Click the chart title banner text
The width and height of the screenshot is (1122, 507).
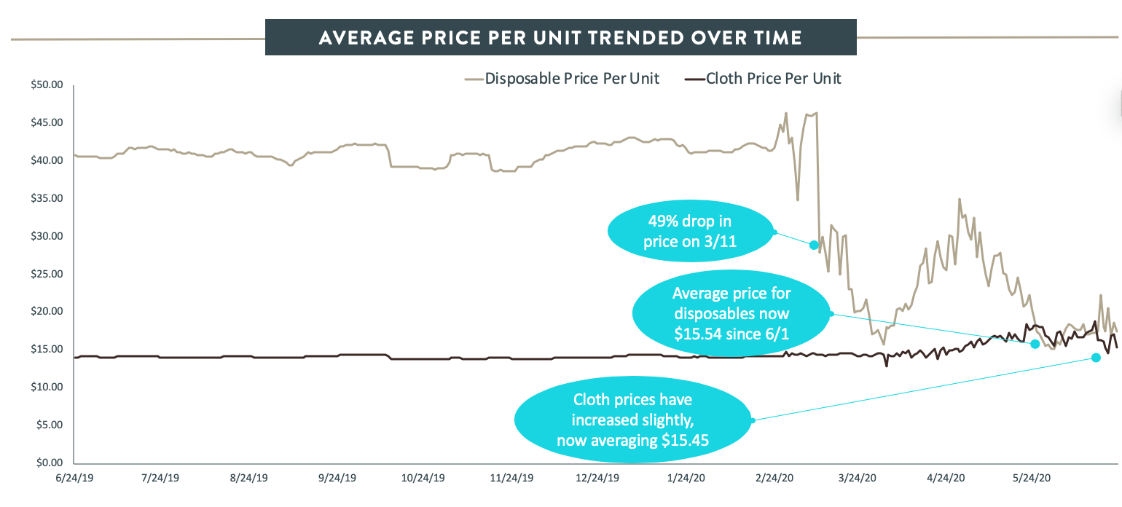(560, 37)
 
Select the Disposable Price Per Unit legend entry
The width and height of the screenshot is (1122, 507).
(562, 79)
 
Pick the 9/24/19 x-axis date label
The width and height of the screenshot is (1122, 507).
(338, 479)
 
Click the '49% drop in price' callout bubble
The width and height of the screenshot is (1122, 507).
(689, 232)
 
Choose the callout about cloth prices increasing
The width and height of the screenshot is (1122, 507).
(632, 420)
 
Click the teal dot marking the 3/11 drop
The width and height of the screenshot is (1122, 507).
(814, 245)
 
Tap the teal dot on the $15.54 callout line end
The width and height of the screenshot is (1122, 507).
(1035, 344)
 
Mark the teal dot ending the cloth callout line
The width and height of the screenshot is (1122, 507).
(1096, 357)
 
